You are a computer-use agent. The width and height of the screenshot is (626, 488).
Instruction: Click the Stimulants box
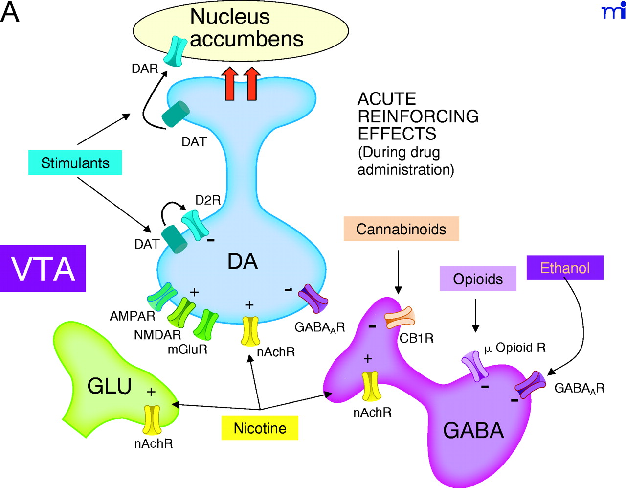coord(75,163)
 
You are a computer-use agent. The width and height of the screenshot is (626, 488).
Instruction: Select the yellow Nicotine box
coord(260,428)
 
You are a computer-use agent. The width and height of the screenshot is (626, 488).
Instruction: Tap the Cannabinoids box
coord(401,229)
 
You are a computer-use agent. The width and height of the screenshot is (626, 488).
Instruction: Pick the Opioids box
coord(478,279)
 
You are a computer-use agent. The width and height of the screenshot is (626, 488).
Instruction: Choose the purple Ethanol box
coord(565,268)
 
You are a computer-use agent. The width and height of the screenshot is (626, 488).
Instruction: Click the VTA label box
coord(43,269)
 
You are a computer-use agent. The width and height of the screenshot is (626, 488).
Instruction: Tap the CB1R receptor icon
coord(400,318)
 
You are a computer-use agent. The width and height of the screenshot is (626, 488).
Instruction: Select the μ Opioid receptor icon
coord(475,365)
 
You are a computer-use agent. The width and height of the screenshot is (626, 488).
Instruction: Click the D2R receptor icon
coord(195,225)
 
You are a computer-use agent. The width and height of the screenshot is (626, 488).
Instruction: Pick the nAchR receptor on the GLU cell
coord(152,419)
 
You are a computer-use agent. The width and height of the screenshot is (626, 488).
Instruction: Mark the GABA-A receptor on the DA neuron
coord(313,298)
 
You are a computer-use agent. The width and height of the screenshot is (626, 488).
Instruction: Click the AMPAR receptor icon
coord(162,295)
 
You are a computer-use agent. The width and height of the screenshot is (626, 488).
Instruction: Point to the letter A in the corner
coord(10,12)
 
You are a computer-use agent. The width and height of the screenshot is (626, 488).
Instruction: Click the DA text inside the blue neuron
coord(243,262)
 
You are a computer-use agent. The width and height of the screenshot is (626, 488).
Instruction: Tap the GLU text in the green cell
coord(110,386)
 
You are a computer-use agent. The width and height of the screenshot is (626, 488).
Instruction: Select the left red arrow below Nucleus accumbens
coord(230,84)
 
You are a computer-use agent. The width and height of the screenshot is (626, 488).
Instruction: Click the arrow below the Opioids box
coord(475,316)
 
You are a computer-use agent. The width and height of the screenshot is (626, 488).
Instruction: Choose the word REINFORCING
coord(418,116)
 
